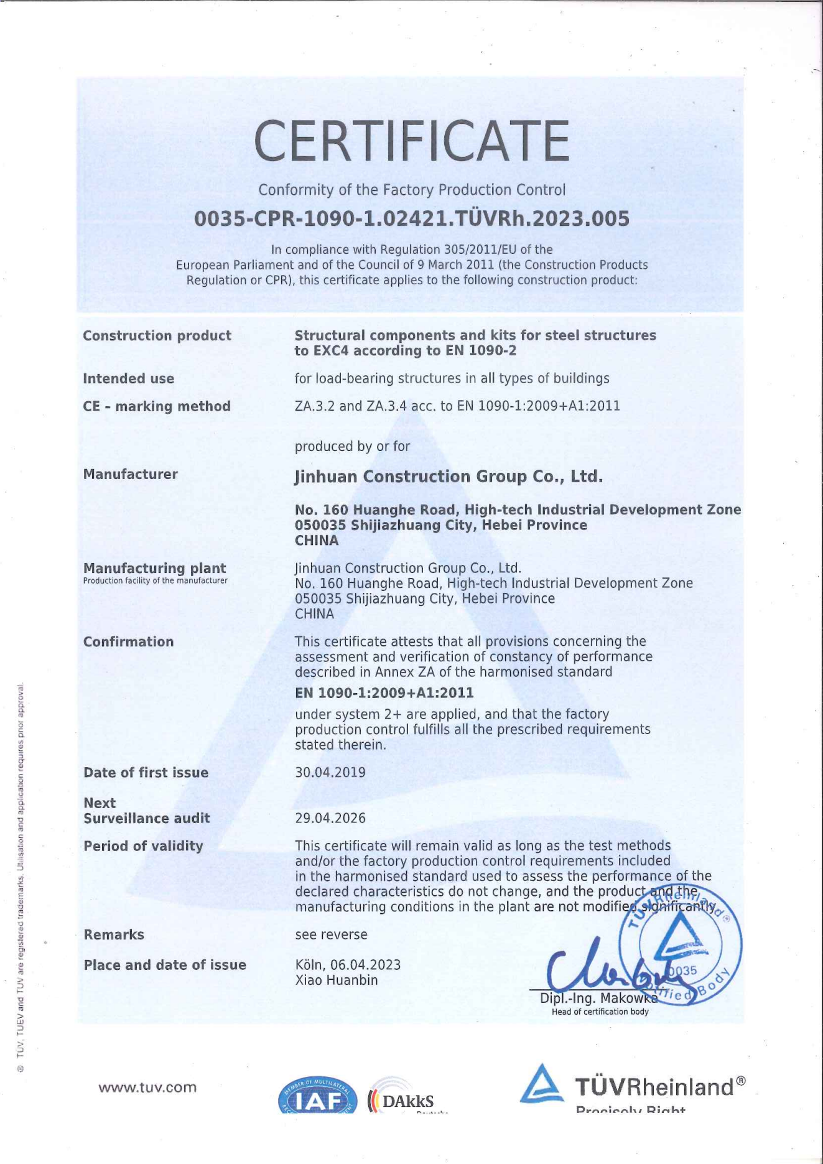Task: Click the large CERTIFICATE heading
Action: coord(411,141)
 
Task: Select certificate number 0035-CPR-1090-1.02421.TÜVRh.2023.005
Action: coord(411,219)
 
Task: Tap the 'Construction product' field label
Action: coord(157,336)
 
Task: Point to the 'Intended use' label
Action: coord(128,379)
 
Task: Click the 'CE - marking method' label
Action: coord(157,406)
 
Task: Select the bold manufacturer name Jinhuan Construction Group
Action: coord(449,477)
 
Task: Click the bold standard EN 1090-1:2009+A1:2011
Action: coord(384,693)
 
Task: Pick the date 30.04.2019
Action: coord(330,773)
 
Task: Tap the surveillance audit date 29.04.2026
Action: coord(330,818)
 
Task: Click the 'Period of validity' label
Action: coord(143,846)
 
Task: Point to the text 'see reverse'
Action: coord(331,934)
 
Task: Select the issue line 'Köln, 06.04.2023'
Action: coord(348,965)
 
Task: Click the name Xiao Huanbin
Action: coord(336,980)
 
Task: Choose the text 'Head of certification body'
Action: coord(600,1012)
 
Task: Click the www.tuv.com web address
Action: coord(147,1087)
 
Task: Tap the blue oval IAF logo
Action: coord(317,1096)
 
